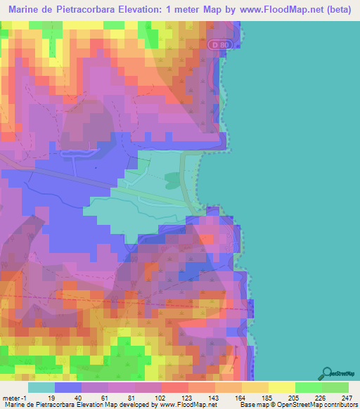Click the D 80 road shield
(x=219, y=45)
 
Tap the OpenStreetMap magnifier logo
(x=328, y=374)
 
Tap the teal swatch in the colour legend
(x=41, y=387)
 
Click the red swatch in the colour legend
(x=175, y=387)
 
